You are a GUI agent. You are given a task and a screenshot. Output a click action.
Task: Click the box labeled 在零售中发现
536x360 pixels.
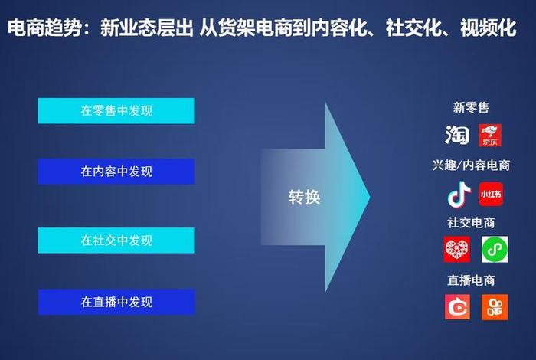pyautogui.click(x=116, y=111)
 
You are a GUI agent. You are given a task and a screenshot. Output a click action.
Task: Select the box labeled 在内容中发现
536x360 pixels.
pyautogui.click(x=116, y=172)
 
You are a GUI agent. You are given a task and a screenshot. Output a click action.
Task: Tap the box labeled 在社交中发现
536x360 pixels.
pyautogui.click(x=116, y=241)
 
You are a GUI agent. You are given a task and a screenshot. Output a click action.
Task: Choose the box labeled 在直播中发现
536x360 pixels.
pyautogui.click(x=116, y=302)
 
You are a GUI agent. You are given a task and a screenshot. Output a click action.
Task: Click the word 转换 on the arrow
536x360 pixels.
pyautogui.click(x=304, y=197)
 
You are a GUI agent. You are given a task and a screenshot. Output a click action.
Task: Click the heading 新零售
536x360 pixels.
pyautogui.click(x=471, y=108)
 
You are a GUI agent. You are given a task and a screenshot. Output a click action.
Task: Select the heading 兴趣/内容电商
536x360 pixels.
pyautogui.click(x=471, y=165)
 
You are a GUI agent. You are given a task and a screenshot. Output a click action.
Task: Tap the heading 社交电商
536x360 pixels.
pyautogui.click(x=471, y=223)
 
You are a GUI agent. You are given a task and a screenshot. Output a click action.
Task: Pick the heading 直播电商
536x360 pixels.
pyautogui.click(x=471, y=280)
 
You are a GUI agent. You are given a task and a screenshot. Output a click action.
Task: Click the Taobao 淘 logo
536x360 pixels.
pyautogui.click(x=457, y=135)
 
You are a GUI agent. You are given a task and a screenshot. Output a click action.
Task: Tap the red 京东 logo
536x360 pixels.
pyautogui.click(x=490, y=135)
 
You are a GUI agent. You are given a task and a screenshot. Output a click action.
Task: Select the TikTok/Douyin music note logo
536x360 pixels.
pyautogui.click(x=457, y=195)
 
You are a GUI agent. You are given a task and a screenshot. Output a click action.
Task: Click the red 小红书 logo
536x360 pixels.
pyautogui.click(x=491, y=195)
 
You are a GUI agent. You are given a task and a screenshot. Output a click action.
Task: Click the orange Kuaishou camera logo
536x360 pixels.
pyautogui.click(x=495, y=306)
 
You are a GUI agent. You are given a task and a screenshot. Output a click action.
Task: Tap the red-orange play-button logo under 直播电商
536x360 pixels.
pyautogui.click(x=456, y=306)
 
